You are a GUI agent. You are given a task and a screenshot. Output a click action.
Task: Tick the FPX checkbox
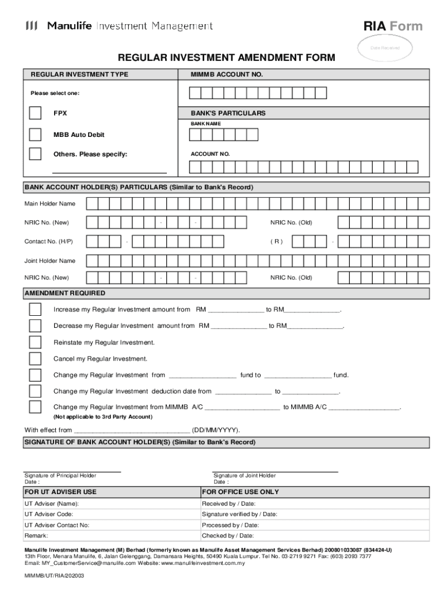[35, 113]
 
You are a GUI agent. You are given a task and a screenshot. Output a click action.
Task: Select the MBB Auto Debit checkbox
[35, 135]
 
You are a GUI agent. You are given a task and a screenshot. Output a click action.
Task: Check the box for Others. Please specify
[35, 154]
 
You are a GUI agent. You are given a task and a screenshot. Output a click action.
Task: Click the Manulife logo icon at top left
[32, 26]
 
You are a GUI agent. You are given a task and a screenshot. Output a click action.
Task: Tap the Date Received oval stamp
[385, 48]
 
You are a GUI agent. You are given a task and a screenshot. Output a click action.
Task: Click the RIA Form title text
[393, 26]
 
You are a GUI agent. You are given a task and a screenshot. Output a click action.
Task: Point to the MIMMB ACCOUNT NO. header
[227, 75]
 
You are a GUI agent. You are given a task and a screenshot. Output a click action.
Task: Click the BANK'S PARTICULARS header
[228, 113]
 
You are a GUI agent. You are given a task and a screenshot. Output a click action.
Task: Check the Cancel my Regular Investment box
[35, 359]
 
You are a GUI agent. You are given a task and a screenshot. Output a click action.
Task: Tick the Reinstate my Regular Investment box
[35, 342]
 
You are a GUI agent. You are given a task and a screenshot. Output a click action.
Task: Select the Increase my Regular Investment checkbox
[35, 309]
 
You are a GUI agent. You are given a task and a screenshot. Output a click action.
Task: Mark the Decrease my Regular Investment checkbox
[35, 326]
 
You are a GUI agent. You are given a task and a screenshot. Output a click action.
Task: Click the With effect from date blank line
[132, 430]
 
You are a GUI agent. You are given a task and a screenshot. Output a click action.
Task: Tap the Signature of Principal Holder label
[60, 476]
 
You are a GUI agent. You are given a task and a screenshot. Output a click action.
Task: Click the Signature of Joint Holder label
[245, 476]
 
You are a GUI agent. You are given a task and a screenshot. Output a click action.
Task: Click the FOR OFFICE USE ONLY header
[240, 492]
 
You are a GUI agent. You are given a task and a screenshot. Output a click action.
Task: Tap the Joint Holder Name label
[49, 261]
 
